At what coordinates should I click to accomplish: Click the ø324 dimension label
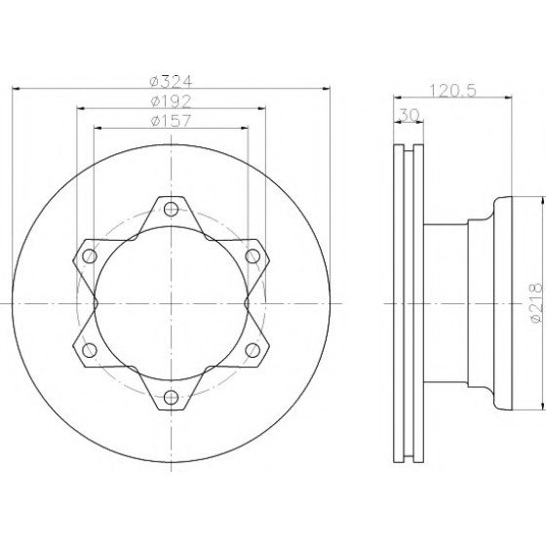click(x=171, y=82)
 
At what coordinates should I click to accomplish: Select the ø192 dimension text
click(x=171, y=101)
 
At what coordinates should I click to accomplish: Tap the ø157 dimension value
click(x=171, y=121)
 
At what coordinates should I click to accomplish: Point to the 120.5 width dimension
click(x=452, y=91)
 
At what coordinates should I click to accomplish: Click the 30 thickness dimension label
click(x=409, y=115)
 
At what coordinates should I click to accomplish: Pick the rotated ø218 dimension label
click(x=536, y=302)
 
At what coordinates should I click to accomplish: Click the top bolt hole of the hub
click(x=171, y=209)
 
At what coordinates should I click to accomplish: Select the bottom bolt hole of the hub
click(x=171, y=398)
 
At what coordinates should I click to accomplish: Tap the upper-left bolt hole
click(x=90, y=256)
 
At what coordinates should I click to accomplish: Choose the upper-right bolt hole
click(x=253, y=256)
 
